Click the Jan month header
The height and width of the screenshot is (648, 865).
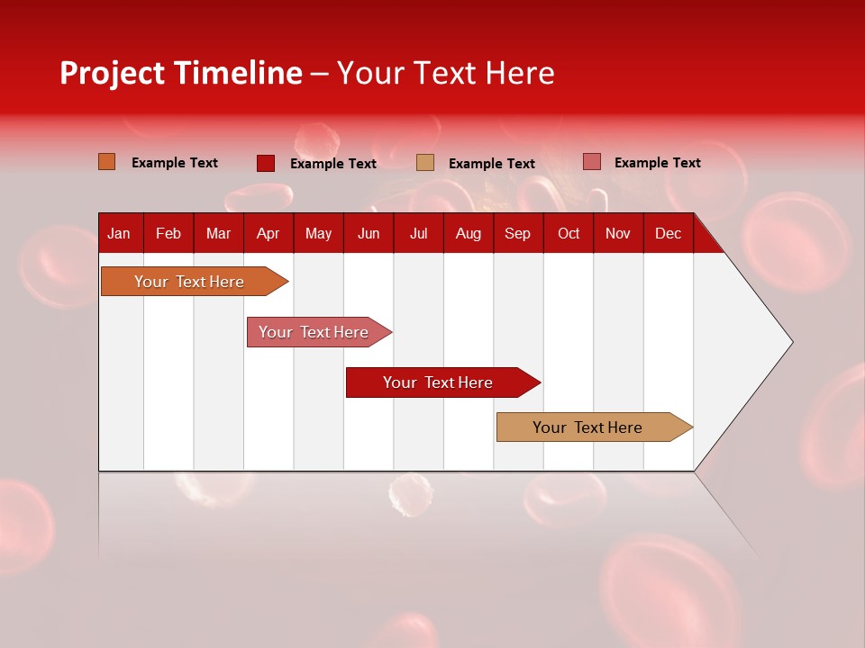click(119, 234)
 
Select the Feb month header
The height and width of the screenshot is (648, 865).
click(168, 234)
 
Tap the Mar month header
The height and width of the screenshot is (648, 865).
click(218, 234)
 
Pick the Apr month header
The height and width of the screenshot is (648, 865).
click(268, 234)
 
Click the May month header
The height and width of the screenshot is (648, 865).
click(318, 234)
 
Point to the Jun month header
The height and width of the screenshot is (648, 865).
click(369, 234)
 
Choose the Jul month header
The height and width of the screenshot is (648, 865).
click(418, 234)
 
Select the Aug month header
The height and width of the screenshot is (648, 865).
click(468, 234)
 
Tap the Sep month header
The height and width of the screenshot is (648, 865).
click(517, 234)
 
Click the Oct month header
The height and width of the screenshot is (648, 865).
click(569, 234)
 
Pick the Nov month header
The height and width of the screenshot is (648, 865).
click(618, 234)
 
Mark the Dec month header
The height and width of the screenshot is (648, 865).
click(668, 234)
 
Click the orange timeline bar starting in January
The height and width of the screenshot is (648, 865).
click(190, 282)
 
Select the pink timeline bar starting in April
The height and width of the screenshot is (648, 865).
click(314, 332)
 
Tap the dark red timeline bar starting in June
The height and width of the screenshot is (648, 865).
click(439, 382)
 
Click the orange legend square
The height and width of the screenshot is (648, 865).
click(107, 162)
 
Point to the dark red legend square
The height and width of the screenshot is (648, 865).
click(266, 163)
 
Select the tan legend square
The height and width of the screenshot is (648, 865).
click(425, 163)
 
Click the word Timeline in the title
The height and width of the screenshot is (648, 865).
click(238, 73)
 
